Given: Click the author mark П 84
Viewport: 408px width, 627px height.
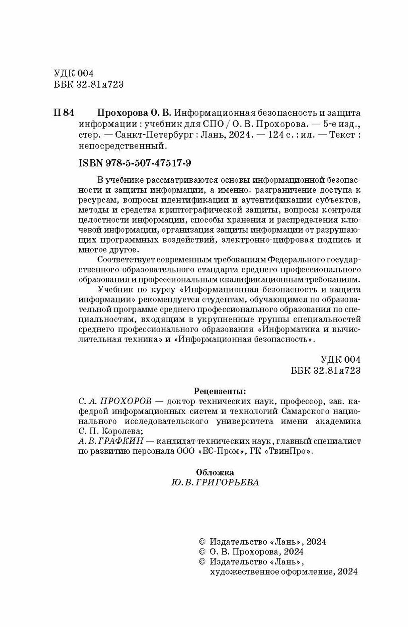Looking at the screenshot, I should coord(63,112).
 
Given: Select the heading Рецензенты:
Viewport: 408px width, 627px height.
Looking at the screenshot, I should coord(217,392).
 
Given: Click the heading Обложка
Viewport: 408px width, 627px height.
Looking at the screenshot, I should coord(215,472).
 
